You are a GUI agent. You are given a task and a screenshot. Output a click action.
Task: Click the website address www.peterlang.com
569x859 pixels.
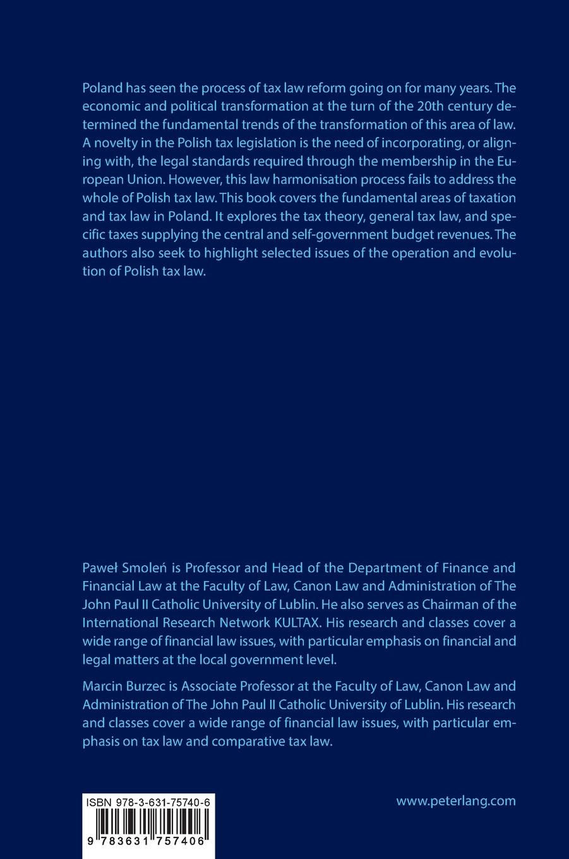(x=455, y=801)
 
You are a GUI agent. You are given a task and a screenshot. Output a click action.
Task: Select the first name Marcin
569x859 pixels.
(x=104, y=686)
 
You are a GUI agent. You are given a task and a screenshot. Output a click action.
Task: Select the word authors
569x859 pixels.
(x=105, y=253)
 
